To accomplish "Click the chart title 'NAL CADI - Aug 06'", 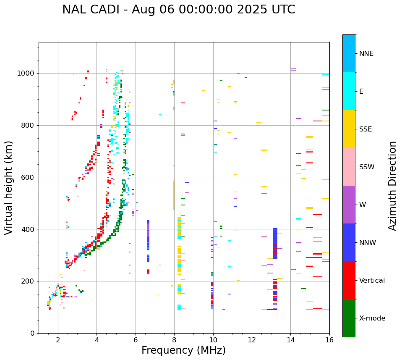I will [178, 10].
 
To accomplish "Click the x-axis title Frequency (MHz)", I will [183, 350].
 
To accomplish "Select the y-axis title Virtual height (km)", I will [9, 187].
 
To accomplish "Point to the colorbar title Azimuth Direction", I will [392, 186].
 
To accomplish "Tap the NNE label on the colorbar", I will [366, 54].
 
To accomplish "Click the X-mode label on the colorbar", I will [372, 318].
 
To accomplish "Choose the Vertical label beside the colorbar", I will [372, 281].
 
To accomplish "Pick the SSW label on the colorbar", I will [367, 167].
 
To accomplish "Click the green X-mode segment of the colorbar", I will [349, 318].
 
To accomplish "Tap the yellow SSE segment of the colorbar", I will [349, 129].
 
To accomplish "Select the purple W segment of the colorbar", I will [349, 205].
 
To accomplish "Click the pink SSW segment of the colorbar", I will [349, 167].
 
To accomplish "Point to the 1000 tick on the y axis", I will [26, 73].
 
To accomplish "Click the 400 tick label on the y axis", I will [29, 229].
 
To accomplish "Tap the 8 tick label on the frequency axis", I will [174, 340].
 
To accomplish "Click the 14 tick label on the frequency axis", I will [290, 340].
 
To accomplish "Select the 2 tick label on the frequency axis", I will [58, 340].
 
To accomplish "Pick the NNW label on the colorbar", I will [368, 243].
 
